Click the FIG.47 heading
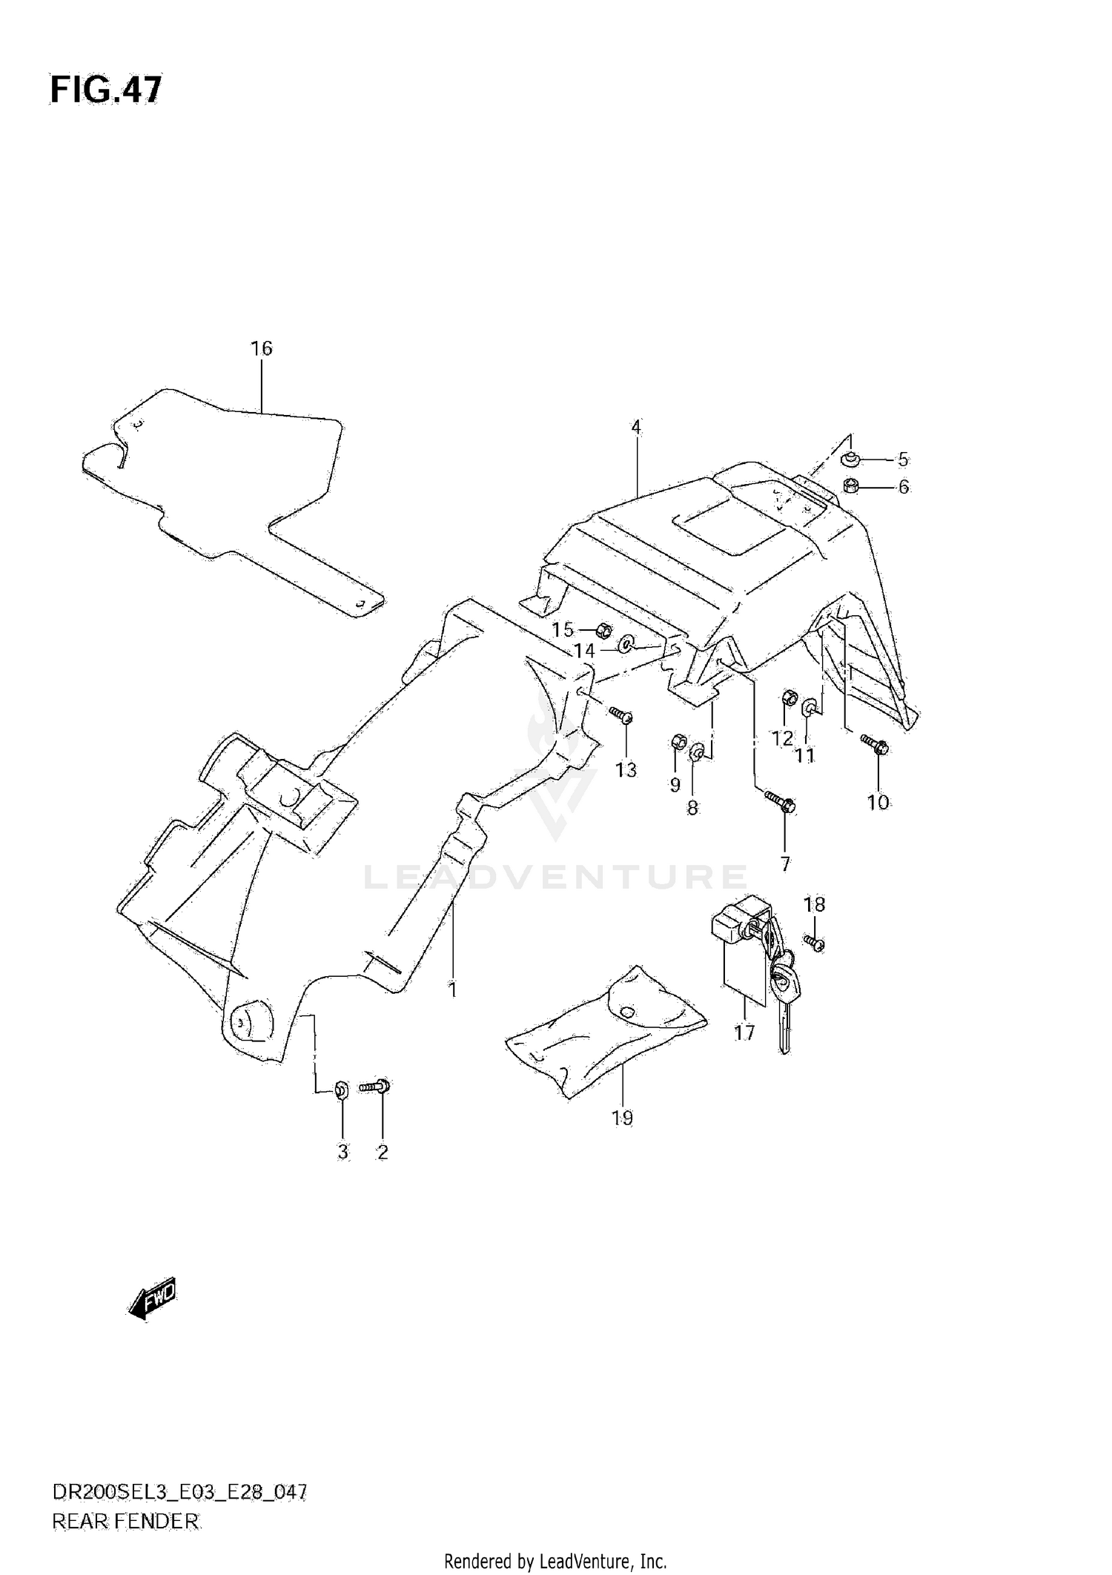point(105,90)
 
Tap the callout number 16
point(262,348)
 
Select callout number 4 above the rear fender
point(636,428)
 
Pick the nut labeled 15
point(603,631)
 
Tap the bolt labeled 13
point(621,714)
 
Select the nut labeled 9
point(677,741)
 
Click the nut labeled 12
point(790,698)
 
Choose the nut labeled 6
point(851,487)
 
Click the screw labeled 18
point(815,944)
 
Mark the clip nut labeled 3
point(342,1089)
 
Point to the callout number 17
point(744,1032)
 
